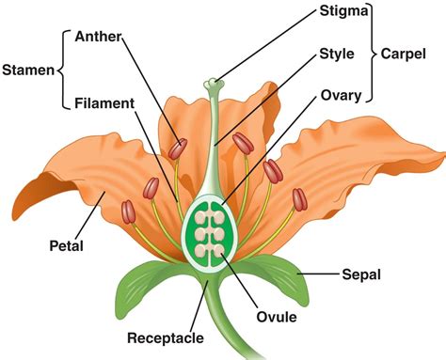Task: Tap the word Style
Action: click(x=337, y=54)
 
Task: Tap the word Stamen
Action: click(x=28, y=70)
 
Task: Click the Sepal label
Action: click(x=358, y=275)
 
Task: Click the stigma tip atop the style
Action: click(x=217, y=85)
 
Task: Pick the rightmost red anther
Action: click(x=298, y=198)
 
